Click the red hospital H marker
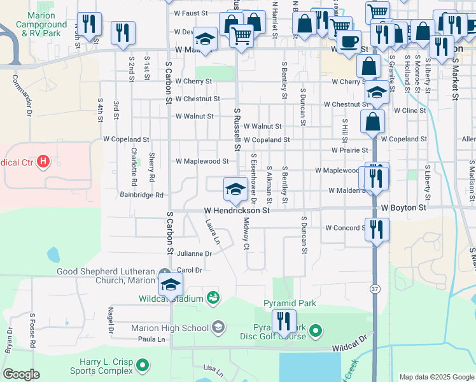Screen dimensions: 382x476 coord(43,162)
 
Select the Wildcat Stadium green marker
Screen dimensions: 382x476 coord(213,298)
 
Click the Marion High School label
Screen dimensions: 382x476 coord(170,328)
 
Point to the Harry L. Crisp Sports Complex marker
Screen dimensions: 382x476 coord(143,365)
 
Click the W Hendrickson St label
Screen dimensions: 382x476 coord(237,209)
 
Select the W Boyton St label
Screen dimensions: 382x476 coord(403,208)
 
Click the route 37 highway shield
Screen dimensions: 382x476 coord(375,288)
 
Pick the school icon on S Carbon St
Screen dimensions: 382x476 coord(171,284)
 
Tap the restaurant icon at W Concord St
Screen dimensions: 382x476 coord(377,229)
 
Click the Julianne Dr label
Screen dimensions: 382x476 coord(194,253)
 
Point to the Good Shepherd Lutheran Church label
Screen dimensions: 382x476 coord(106,276)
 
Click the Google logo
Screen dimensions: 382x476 coord(21,374)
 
